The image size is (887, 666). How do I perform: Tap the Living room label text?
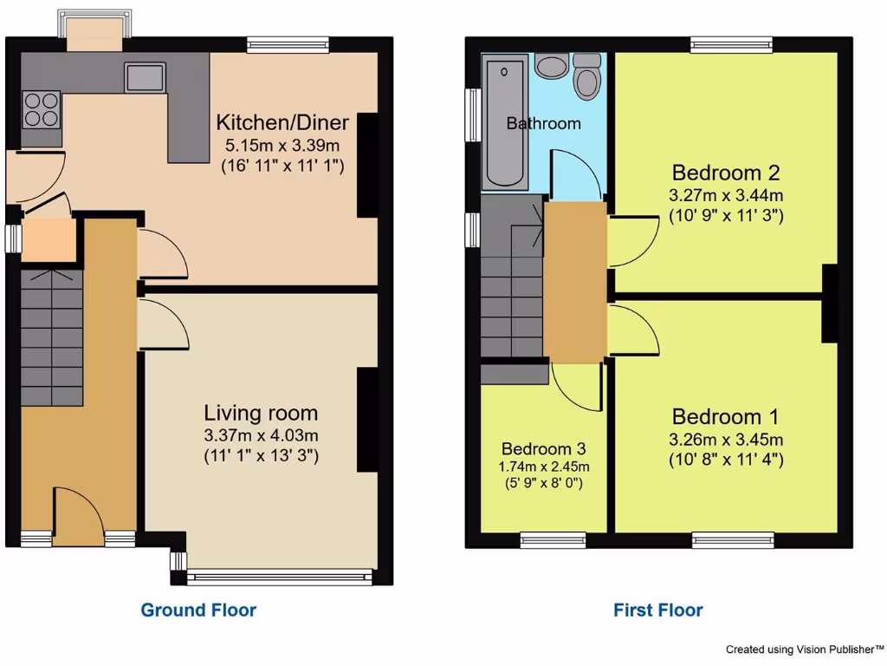pyautogui.click(x=261, y=413)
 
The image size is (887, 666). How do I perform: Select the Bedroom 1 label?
pyautogui.click(x=725, y=415)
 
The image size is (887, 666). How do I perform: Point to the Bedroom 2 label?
pyautogui.click(x=726, y=171)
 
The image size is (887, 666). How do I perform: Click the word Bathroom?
pyautogui.click(x=543, y=123)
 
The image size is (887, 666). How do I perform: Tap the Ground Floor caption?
pyautogui.click(x=198, y=610)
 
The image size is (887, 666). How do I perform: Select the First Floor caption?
pyautogui.click(x=658, y=610)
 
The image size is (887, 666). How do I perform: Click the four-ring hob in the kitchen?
pyautogui.click(x=42, y=109)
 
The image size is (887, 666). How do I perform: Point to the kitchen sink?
pyautogui.click(x=145, y=79)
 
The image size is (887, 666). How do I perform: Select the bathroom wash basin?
pyautogui.click(x=549, y=66)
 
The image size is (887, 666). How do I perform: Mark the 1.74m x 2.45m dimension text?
pyautogui.click(x=544, y=467)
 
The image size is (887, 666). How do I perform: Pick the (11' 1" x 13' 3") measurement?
pyautogui.click(x=261, y=454)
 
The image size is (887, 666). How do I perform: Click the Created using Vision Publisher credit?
pyautogui.click(x=804, y=649)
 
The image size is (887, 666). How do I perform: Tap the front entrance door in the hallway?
pyautogui.click(x=78, y=517)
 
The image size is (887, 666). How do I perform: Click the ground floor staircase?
pyautogui.click(x=52, y=338)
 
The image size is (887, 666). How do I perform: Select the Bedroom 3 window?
pyautogui.click(x=553, y=539)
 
